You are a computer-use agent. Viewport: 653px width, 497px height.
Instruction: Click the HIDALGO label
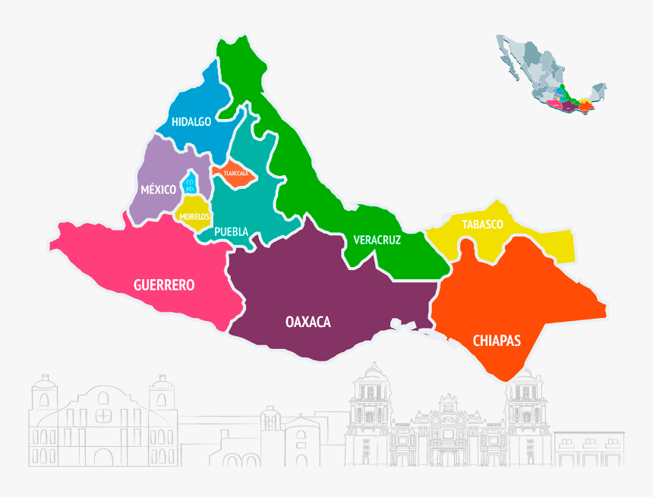191,121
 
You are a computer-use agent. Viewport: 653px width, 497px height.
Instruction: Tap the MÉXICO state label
158,189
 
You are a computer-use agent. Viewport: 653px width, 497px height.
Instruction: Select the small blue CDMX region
191,184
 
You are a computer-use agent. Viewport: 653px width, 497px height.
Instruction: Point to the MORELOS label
194,216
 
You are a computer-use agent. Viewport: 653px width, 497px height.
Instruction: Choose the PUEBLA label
231,231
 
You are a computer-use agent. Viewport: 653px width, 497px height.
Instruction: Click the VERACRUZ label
377,240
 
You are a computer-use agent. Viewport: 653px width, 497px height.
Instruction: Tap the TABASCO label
482,225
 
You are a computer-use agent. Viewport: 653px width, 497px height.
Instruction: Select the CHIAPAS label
497,341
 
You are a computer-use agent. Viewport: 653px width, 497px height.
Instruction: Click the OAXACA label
308,322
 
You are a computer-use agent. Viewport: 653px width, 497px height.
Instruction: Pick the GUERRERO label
163,285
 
